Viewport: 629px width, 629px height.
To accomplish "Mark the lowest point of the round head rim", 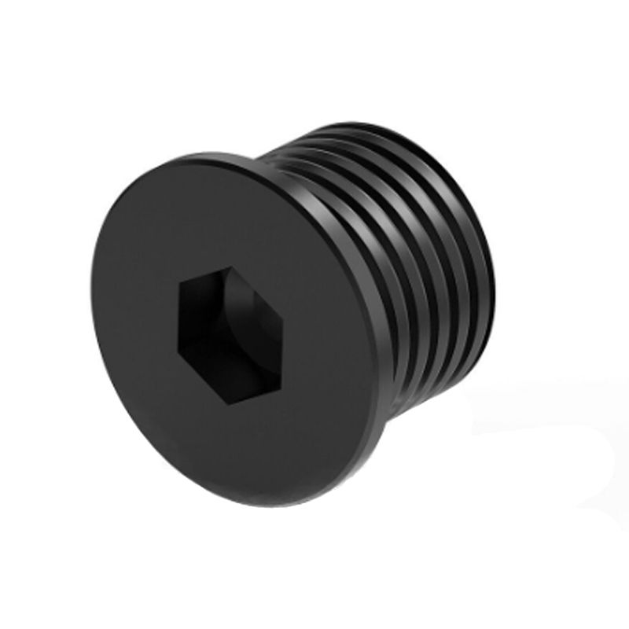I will point(259,506).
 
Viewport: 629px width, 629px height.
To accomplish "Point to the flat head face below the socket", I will point(236,456).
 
